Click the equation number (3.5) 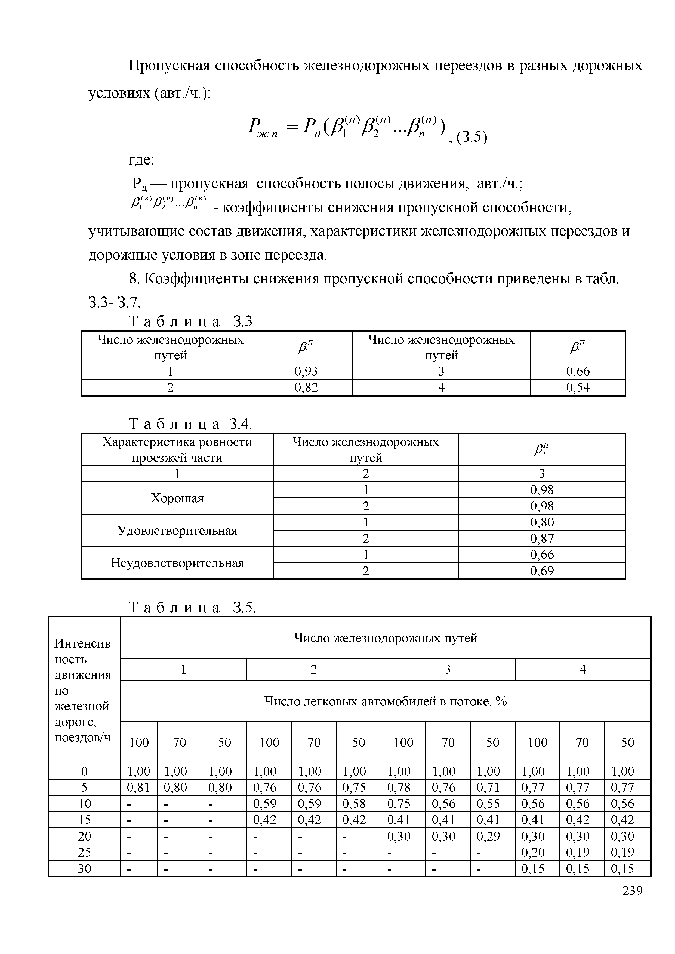point(471,137)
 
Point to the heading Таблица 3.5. point(192,608)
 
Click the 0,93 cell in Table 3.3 point(306,371)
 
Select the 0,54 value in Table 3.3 point(578,387)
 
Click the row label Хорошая point(177,498)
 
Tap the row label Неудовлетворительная point(177,563)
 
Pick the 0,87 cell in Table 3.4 point(542,538)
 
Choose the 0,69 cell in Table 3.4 point(542,571)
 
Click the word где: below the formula point(141,160)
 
